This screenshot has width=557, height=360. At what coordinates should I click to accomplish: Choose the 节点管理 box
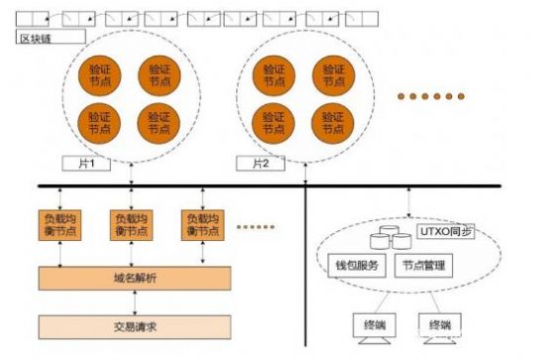click(425, 266)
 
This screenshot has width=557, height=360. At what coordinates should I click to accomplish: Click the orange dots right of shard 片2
click(429, 95)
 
